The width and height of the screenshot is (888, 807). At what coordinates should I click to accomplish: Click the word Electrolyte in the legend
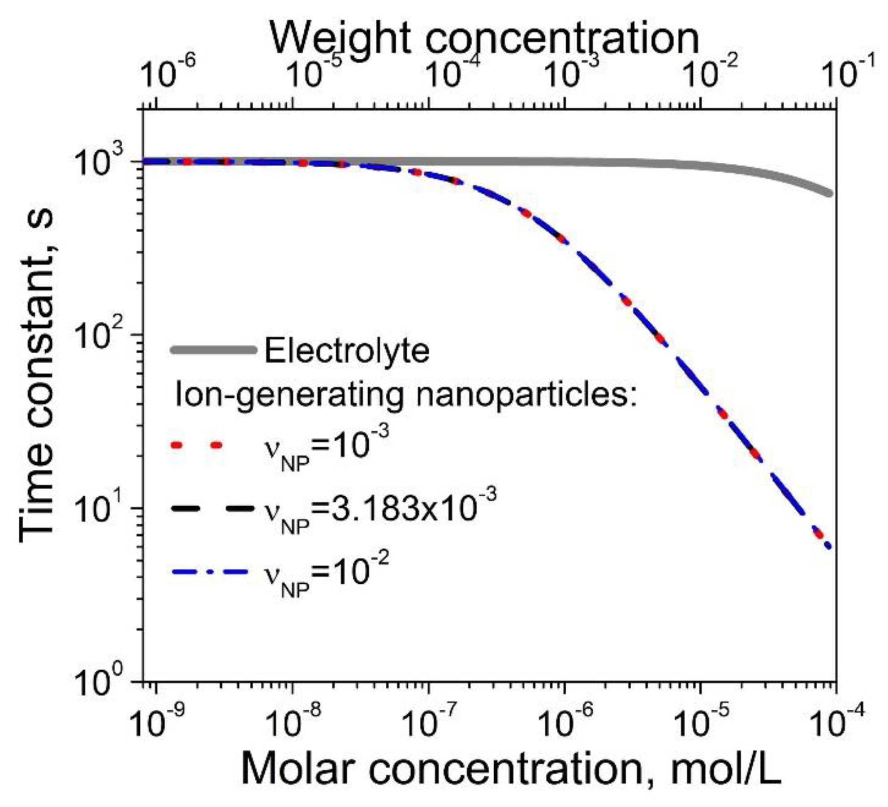[347, 350]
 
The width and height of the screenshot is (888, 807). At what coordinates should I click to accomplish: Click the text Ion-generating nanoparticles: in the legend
[405, 395]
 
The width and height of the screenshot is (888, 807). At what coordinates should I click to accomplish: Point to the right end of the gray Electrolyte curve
[829, 193]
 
